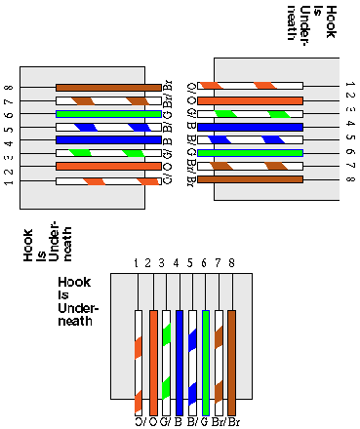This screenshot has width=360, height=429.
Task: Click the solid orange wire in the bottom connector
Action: tap(152, 362)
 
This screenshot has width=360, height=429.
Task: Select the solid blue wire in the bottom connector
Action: tap(180, 362)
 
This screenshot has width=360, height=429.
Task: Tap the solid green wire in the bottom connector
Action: tap(206, 362)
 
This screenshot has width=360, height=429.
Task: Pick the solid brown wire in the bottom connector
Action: tap(232, 362)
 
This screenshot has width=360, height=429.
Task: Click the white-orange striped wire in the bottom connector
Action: tap(140, 362)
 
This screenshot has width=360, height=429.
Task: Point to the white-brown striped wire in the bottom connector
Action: tap(220, 362)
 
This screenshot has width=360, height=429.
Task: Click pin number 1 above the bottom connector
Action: tap(138, 263)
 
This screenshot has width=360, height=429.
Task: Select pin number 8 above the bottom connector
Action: tap(231, 263)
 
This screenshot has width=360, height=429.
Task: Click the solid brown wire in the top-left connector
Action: tap(107, 88)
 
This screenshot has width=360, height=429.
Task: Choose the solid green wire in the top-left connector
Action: tap(107, 114)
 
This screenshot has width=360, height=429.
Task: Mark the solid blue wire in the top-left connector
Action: tap(107, 140)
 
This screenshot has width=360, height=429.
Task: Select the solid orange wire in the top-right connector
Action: tap(251, 100)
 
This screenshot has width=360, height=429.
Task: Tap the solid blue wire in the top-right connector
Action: tap(251, 127)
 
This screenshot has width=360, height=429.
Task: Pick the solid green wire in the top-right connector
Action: tap(251, 153)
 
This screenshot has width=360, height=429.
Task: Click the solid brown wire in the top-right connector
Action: tap(251, 179)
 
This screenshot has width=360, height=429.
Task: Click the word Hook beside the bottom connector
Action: tap(75, 283)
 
